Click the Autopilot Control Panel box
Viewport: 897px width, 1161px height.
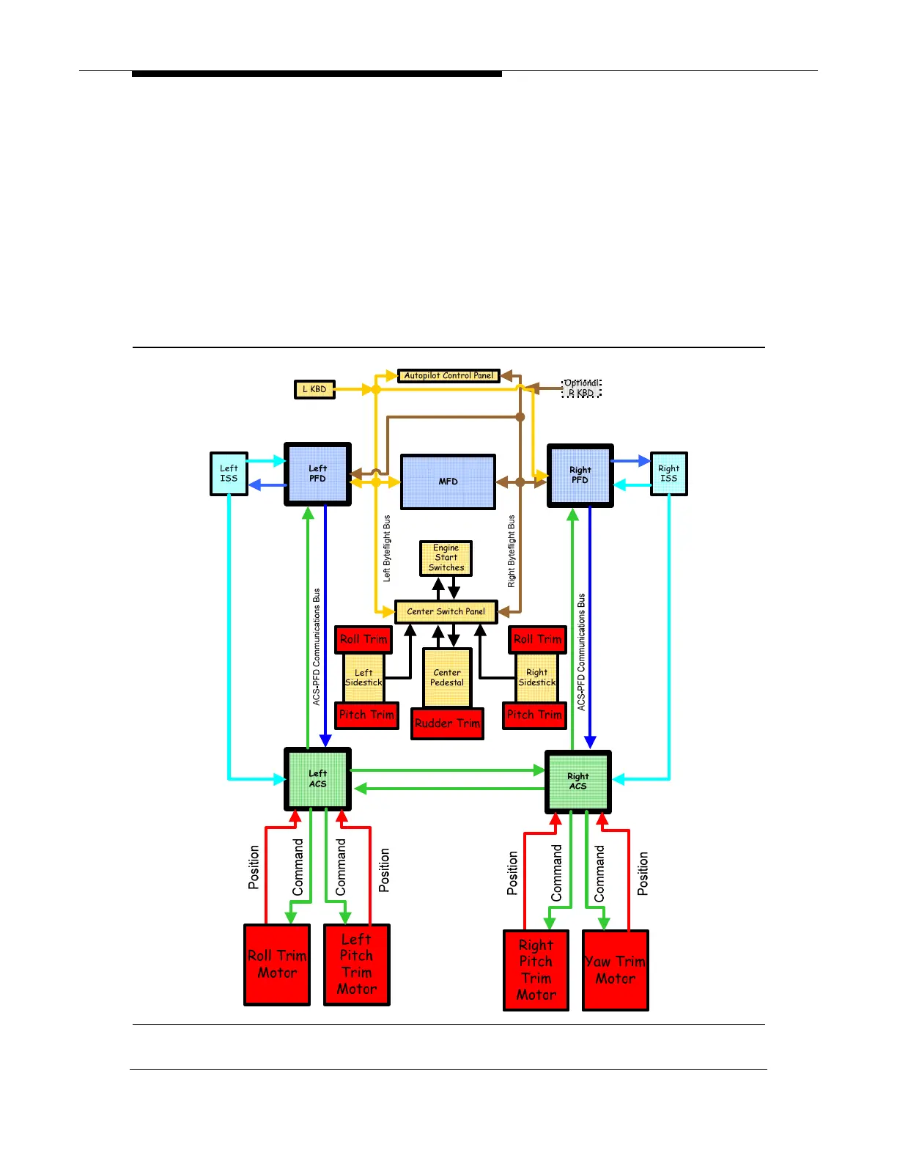point(448,376)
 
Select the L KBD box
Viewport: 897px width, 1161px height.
point(314,389)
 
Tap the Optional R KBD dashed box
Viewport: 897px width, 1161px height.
point(581,388)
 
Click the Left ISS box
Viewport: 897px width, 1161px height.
point(229,473)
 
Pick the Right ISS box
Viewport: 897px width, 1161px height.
point(668,473)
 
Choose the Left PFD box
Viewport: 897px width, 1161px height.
point(317,474)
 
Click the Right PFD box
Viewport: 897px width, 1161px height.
point(580,476)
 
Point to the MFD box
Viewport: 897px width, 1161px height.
point(448,482)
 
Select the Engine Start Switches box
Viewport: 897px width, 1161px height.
point(446,558)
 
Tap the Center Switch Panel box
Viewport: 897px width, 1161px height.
point(446,611)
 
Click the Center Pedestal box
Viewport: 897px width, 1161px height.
point(447,677)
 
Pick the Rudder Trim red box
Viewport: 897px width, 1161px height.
point(447,723)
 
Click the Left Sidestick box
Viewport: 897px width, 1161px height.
point(363,677)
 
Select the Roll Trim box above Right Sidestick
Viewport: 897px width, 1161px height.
point(537,639)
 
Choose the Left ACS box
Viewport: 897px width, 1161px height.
point(317,778)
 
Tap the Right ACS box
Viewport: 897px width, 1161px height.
point(577,781)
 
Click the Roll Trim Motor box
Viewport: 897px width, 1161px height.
point(277,964)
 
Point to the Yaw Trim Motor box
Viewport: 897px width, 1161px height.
point(615,970)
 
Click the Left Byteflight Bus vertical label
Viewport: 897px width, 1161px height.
point(387,548)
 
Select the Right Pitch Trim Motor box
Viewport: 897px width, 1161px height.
point(536,970)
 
